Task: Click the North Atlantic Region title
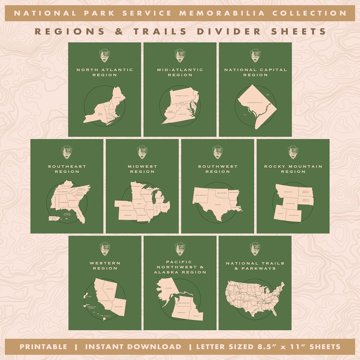tap(105, 72)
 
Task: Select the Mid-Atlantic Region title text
tap(180, 72)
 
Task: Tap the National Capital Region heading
tap(255, 72)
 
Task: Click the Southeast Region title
tap(67, 169)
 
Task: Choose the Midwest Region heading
tap(142, 169)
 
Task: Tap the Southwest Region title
tap(218, 169)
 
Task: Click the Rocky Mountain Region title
tap(293, 169)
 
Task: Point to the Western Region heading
tap(105, 265)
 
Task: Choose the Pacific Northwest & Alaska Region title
tap(180, 267)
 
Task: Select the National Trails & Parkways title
tap(255, 265)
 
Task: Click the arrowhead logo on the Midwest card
tap(142, 152)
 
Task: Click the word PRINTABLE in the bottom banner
tap(43, 347)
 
